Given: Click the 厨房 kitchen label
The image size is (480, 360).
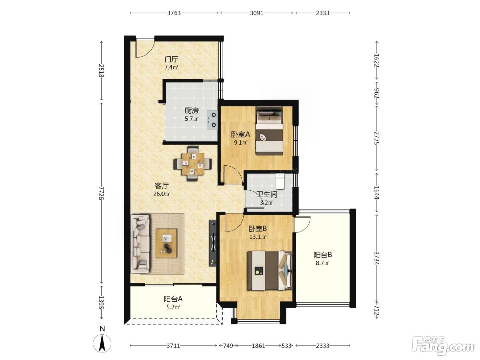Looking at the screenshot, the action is click(x=191, y=111).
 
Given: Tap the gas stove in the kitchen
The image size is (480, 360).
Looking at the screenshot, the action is click(x=212, y=120).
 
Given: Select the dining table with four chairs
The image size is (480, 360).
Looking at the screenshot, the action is click(x=193, y=163).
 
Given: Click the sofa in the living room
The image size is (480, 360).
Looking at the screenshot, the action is click(x=140, y=244).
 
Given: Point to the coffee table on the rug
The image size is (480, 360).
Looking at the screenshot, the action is click(x=166, y=243).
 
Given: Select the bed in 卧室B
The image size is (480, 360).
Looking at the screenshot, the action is click(x=270, y=271).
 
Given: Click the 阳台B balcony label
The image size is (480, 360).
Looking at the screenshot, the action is click(x=323, y=255).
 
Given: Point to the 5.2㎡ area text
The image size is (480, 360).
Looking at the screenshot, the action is click(x=173, y=307).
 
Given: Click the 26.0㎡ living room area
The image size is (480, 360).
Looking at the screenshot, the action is click(x=161, y=194).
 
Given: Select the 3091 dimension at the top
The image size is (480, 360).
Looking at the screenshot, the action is click(x=256, y=13).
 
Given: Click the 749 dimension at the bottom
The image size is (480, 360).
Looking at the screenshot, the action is click(x=227, y=346).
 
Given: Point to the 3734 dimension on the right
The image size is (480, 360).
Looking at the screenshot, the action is click(x=376, y=259).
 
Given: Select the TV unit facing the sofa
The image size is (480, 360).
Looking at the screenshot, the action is click(x=213, y=243).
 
